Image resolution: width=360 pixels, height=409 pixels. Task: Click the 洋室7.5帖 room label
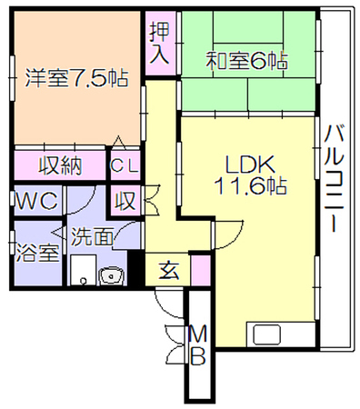point(76,78)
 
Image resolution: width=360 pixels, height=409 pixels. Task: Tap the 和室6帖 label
point(246,61)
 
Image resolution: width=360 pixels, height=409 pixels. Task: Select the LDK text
point(250,165)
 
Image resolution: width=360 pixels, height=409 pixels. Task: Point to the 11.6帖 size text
point(250,185)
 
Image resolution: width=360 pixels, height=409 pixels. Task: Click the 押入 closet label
point(160,43)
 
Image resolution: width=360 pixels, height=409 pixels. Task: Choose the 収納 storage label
point(60,165)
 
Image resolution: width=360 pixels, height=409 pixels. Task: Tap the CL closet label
point(125,165)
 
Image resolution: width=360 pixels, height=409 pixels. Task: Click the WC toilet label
point(36,200)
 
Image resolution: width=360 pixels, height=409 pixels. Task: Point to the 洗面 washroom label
point(93,236)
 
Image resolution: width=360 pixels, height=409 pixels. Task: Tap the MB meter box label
point(199,345)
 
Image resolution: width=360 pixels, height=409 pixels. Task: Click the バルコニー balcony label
point(334,179)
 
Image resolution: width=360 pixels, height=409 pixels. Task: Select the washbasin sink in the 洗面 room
point(111,276)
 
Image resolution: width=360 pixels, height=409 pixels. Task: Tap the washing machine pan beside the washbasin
point(84,270)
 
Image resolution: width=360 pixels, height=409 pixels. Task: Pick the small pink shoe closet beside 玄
point(201,270)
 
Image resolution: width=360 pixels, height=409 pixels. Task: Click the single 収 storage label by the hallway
point(125,200)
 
